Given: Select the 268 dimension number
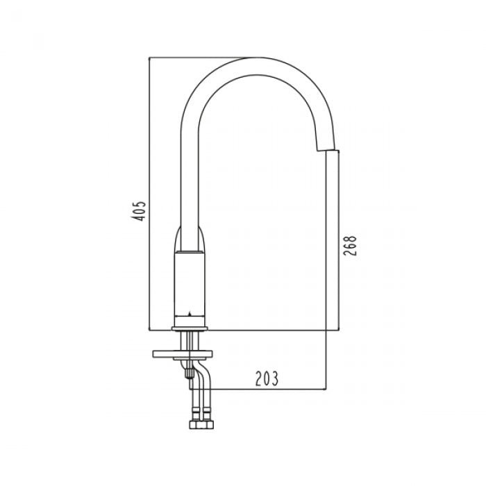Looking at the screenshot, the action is click(350, 246).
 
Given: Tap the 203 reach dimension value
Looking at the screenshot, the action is click(267, 378).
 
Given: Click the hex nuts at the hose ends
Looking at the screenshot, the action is click(201, 424).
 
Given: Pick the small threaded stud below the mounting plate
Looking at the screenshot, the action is click(188, 372).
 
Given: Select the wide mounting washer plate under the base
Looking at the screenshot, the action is click(182, 354).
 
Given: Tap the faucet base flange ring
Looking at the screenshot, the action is click(190, 328).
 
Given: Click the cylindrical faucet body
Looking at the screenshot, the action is click(190, 288).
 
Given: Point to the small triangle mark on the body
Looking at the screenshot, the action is click(190, 314).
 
